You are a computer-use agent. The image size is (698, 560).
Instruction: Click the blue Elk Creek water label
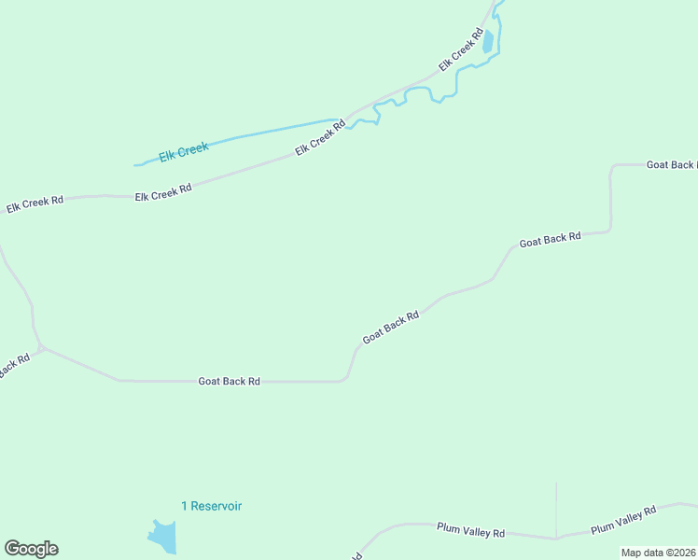coord(184,151)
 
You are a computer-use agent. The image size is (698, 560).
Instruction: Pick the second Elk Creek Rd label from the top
coord(321,137)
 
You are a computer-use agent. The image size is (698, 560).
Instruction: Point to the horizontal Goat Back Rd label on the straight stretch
coord(229,382)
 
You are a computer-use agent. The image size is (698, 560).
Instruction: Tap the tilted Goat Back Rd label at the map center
coord(390,327)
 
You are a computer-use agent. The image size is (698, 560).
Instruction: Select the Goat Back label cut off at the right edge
coord(671,164)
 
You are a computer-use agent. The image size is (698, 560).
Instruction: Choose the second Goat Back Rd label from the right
coord(551,239)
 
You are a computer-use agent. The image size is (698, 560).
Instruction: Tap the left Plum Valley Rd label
coord(471,530)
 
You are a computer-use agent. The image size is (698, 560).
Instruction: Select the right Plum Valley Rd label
coord(623,520)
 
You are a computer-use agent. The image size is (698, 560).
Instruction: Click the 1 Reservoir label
coord(212,506)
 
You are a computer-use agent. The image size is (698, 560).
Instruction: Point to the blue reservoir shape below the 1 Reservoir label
coord(162,536)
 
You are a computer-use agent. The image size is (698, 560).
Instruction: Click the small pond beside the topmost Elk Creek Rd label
coord(487,42)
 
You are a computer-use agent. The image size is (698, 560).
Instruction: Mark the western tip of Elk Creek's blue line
coord(136,165)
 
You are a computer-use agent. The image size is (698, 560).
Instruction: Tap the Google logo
coord(31,549)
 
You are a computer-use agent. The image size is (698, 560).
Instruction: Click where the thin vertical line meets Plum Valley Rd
coord(556,538)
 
